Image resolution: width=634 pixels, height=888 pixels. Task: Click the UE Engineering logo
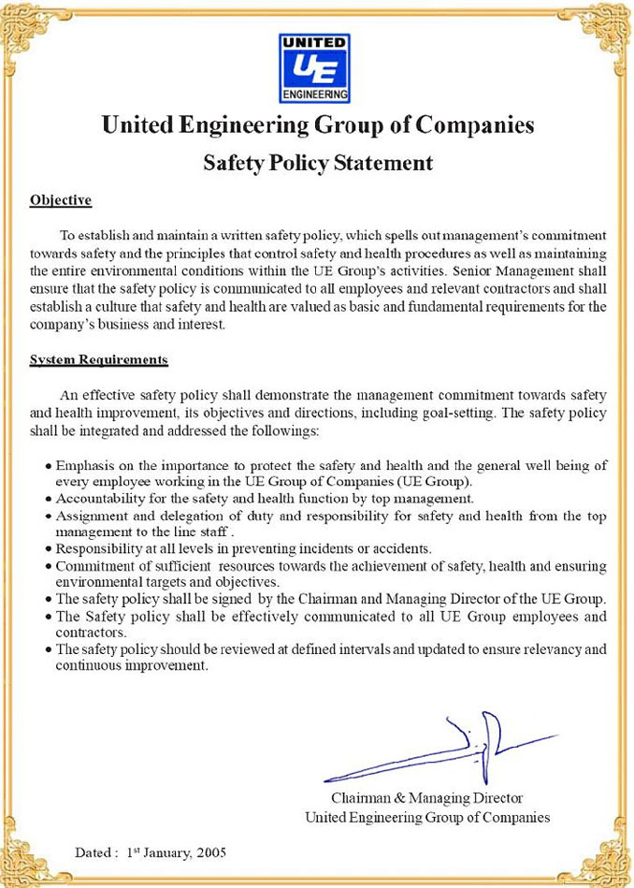point(315,68)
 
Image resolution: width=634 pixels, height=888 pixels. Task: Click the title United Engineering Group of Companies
point(317,125)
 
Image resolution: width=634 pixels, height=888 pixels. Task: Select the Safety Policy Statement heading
point(318,163)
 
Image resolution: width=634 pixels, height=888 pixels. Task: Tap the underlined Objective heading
point(60,200)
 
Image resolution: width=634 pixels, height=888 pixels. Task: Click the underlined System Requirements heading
point(98,359)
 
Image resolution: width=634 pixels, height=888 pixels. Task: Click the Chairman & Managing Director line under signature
point(426,798)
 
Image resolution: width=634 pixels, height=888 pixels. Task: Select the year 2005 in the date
point(212,852)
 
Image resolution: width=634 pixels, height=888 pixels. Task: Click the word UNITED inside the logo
point(315,43)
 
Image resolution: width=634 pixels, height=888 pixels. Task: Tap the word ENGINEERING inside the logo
point(315,95)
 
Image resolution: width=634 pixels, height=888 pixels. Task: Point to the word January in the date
point(167,852)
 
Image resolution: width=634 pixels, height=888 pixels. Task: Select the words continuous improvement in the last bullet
point(131,666)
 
